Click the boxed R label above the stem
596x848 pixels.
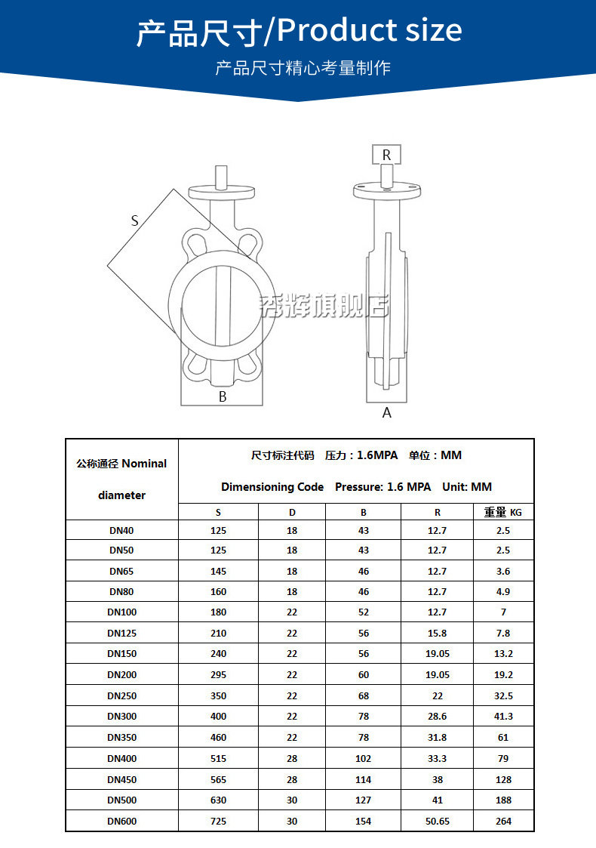point(386,155)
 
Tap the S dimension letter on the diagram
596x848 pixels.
point(134,220)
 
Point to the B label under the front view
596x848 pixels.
point(223,396)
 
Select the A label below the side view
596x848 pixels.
point(387,412)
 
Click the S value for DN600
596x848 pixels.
point(218,821)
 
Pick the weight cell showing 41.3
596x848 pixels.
point(504,716)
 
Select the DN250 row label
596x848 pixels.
point(122,695)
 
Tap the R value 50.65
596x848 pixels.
point(438,821)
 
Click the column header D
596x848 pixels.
point(292,512)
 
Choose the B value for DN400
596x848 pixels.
point(363,758)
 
